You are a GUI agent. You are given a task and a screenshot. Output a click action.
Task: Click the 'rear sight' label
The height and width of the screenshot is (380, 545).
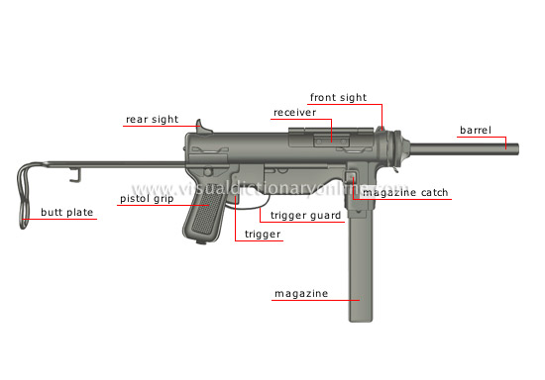click(152, 120)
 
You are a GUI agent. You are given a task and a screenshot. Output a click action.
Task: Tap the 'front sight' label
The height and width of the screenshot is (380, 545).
click(338, 98)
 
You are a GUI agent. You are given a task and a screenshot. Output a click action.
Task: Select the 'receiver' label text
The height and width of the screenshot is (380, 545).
click(294, 113)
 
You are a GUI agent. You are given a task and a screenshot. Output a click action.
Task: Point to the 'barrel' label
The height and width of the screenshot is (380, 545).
click(476, 130)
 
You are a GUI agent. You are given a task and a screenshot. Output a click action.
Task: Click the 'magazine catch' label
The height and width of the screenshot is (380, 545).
click(405, 193)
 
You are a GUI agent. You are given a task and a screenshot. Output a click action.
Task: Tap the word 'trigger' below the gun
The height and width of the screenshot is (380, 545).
click(263, 235)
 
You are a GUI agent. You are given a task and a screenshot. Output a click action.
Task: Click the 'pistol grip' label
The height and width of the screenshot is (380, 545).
click(148, 199)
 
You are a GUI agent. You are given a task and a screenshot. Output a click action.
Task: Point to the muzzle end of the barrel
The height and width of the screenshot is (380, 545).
click(515, 148)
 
